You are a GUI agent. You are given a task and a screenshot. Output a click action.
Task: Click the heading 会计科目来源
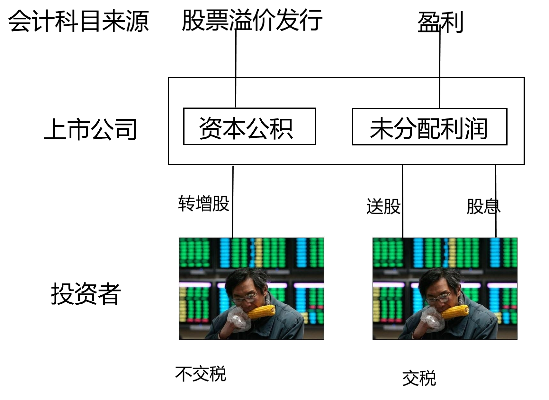pos(79,21)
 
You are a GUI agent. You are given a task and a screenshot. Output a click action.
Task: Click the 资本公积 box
pos(249,126)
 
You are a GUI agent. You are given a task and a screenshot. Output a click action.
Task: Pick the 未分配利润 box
pos(429,127)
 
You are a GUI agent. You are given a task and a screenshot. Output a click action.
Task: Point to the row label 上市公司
pos(91,129)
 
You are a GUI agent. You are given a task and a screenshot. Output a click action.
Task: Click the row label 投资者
pos(85,293)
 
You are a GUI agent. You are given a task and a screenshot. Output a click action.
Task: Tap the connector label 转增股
pos(204,203)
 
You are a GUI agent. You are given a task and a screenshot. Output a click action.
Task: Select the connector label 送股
pos(383,206)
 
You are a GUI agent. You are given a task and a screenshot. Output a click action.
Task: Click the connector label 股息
pos(483,206)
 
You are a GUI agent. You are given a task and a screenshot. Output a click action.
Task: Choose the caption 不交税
pos(201,374)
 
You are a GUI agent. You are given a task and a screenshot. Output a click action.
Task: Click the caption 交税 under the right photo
pos(419,378)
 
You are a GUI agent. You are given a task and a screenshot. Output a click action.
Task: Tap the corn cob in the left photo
pos(262,312)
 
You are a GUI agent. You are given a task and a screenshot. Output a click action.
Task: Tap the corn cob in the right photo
pos(455,312)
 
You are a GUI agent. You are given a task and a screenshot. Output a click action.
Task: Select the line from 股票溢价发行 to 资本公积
pos(236,64)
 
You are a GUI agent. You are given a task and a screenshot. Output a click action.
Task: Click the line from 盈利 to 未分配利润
pos(440,64)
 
